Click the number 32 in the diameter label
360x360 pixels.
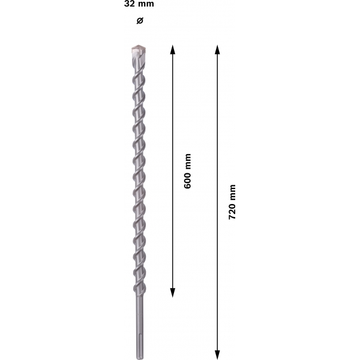[x=129, y=4]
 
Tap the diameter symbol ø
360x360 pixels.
[x=140, y=20]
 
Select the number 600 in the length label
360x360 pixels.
[x=187, y=181]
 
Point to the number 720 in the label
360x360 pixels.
[x=232, y=211]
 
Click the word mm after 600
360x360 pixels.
[x=188, y=161]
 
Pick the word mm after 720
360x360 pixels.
[x=232, y=193]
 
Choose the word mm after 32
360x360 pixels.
[x=146, y=4]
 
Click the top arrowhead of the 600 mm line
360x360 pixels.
[x=173, y=49]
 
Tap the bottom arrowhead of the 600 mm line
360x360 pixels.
[x=173, y=293]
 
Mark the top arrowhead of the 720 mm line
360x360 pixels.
[x=217, y=50]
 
